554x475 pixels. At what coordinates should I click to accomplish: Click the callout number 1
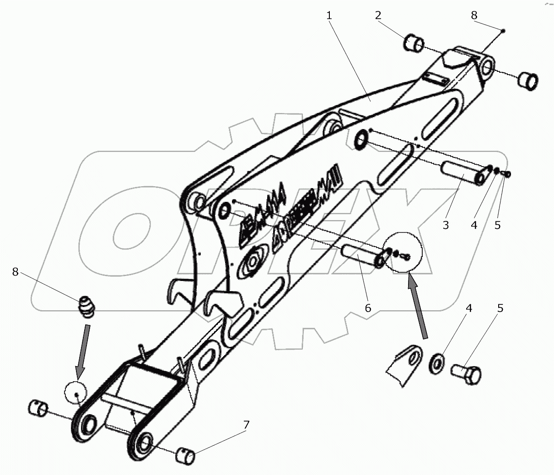pos(329,15)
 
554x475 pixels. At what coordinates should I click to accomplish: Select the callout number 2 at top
pos(378,15)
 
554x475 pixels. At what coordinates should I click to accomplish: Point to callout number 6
pos(368,308)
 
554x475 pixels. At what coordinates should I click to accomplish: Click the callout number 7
pos(247,424)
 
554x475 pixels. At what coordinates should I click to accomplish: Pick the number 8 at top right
pos(474,15)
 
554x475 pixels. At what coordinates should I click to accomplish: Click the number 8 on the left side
pos(16,272)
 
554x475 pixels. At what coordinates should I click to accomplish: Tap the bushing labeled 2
pos(414,43)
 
